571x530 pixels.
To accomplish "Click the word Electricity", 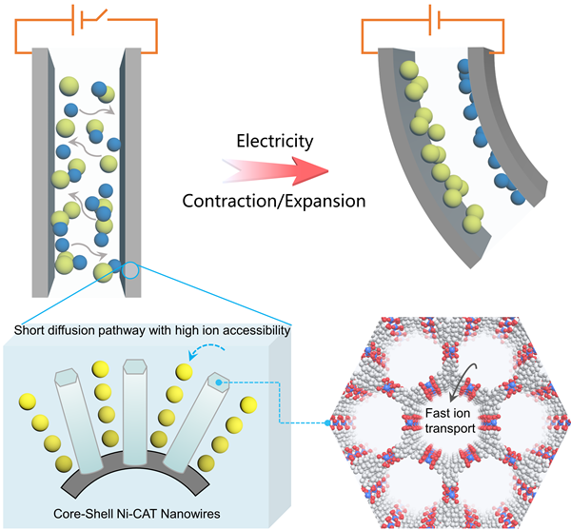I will [275, 141].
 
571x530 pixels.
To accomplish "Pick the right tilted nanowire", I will [196, 419].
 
